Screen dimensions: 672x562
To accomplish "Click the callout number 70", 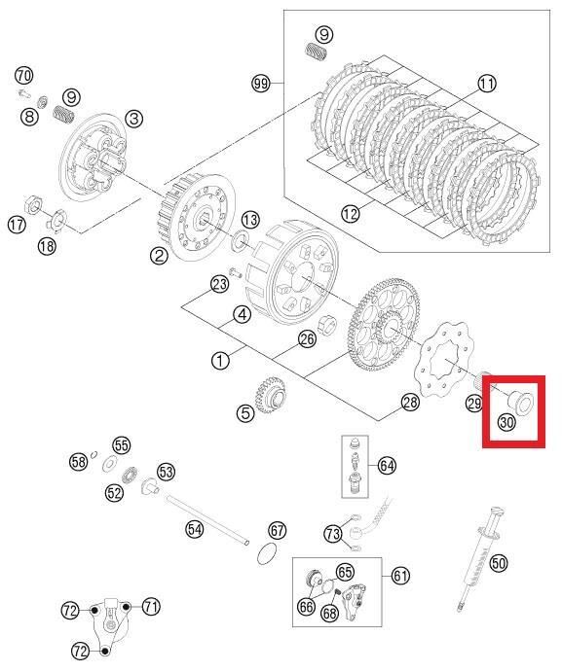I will pos(24,75).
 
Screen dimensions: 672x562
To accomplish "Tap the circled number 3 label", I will pos(133,118).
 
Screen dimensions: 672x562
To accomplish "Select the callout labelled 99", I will pos(261,86).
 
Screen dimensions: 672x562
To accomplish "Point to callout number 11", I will pos(487,85).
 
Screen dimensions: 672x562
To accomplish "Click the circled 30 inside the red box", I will pos(506,422).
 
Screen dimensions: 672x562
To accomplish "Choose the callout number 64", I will pos(388,466).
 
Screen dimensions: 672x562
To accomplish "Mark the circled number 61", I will pos(400,576).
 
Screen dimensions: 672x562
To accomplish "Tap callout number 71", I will pos(151,606).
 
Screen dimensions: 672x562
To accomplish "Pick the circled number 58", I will pos(79,462).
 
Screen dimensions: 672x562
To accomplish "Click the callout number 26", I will pos(307,339).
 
